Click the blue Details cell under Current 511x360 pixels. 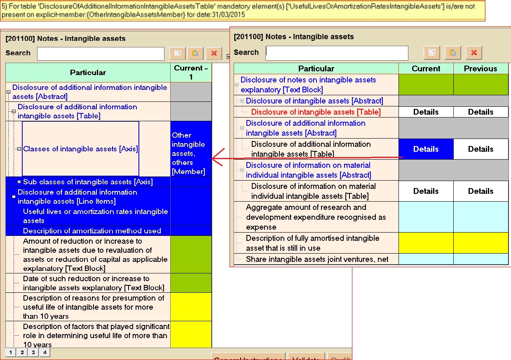[426, 149]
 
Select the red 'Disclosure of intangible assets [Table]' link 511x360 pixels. [316, 112]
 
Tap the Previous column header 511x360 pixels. [481, 68]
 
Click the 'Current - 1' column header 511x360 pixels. [191, 72]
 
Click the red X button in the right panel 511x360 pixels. [473, 53]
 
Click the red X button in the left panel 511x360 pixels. [213, 54]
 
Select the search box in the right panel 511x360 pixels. [337, 53]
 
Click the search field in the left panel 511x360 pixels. [101, 54]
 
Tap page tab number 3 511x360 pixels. [33, 352]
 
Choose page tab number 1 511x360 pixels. [10, 352]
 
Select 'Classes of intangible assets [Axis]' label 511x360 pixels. [80, 149]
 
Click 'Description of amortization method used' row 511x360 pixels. [92, 231]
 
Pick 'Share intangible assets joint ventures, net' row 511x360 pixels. [317, 259]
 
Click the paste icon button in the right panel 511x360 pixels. [452, 53]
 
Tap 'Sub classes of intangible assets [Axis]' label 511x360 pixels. [88, 182]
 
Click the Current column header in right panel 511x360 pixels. [426, 68]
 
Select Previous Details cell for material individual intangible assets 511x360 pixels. [481, 191]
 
